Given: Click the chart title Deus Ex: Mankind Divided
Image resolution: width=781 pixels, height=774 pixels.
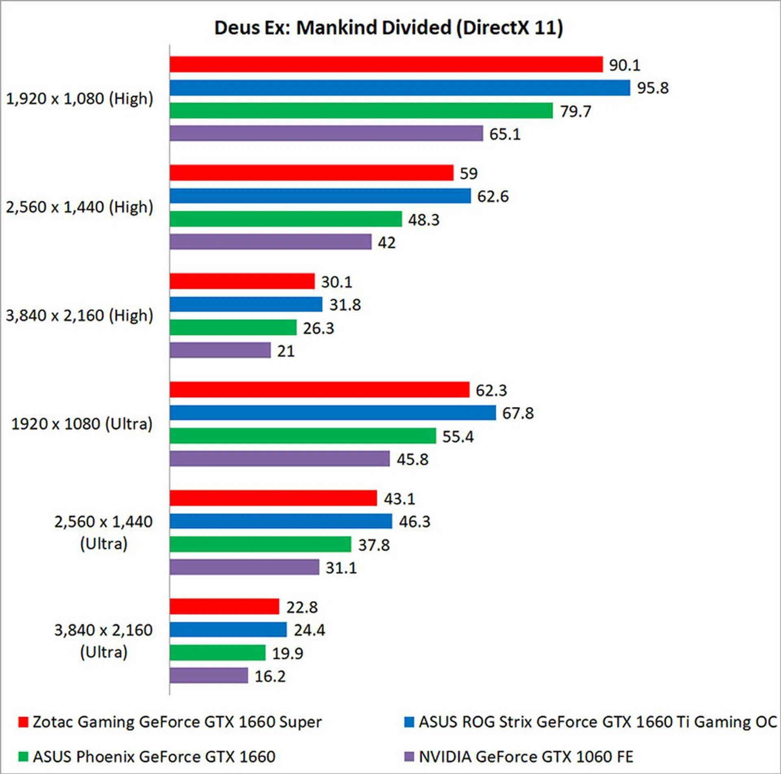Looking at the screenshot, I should point(388,28).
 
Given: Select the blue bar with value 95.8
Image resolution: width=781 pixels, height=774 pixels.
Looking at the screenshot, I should point(399,88).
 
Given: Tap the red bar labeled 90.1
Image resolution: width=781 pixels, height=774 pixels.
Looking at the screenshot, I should point(386,65).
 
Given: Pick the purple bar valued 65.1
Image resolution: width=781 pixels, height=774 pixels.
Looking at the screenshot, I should point(326,133).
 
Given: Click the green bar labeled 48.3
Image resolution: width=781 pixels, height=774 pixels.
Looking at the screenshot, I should point(286,219).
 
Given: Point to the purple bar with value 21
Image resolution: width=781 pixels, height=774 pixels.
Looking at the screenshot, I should point(220,350).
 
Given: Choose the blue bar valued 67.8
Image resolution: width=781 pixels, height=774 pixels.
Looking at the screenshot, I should point(333,413).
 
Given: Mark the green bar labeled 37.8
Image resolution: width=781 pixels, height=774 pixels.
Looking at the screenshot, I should point(260,544).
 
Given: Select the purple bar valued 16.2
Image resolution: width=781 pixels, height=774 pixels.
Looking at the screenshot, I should point(209,676).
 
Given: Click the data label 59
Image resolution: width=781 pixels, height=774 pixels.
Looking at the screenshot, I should point(469,173).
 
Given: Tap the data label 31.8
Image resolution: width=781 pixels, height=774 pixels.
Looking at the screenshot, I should point(345,305).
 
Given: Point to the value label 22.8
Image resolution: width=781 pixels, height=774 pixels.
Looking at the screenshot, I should point(302,607).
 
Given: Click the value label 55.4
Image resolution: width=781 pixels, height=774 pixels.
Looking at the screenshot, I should point(458,437).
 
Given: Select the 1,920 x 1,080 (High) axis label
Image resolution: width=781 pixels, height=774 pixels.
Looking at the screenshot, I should point(80,99).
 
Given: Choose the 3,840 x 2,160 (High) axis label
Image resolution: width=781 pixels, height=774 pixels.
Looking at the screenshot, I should point(80,316).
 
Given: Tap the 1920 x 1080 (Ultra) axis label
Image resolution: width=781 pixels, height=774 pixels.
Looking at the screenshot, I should point(82,424).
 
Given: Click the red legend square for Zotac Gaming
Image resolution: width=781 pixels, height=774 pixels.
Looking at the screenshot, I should point(23,722).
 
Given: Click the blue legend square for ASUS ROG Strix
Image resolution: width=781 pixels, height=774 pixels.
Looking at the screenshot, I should point(409,722).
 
